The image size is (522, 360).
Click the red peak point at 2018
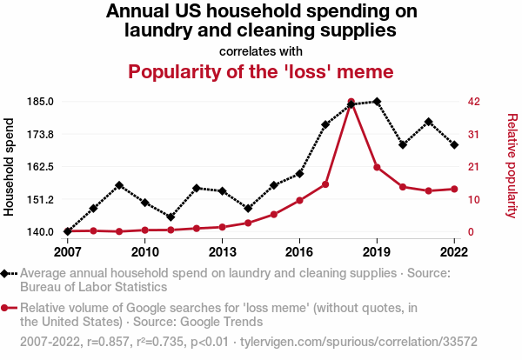[x=351, y=102]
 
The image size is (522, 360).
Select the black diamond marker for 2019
[x=377, y=102]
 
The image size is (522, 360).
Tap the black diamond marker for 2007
[x=67, y=231]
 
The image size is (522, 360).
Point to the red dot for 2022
[x=454, y=189]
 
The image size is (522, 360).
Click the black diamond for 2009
[x=119, y=185]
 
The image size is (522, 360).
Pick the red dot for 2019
[x=377, y=167]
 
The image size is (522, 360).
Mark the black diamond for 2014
[x=248, y=209]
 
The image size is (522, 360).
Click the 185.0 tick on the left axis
[x=41, y=102]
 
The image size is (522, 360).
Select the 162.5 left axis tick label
[x=41, y=167]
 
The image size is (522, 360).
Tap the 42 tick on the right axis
[x=474, y=102]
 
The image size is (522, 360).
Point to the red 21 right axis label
[x=474, y=167]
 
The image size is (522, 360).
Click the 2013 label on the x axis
[x=222, y=252]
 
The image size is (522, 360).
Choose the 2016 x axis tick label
[x=299, y=252]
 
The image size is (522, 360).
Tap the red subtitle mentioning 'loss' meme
[x=261, y=71]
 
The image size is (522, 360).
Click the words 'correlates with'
[x=261, y=50]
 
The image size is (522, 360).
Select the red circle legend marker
[x=7, y=308]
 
